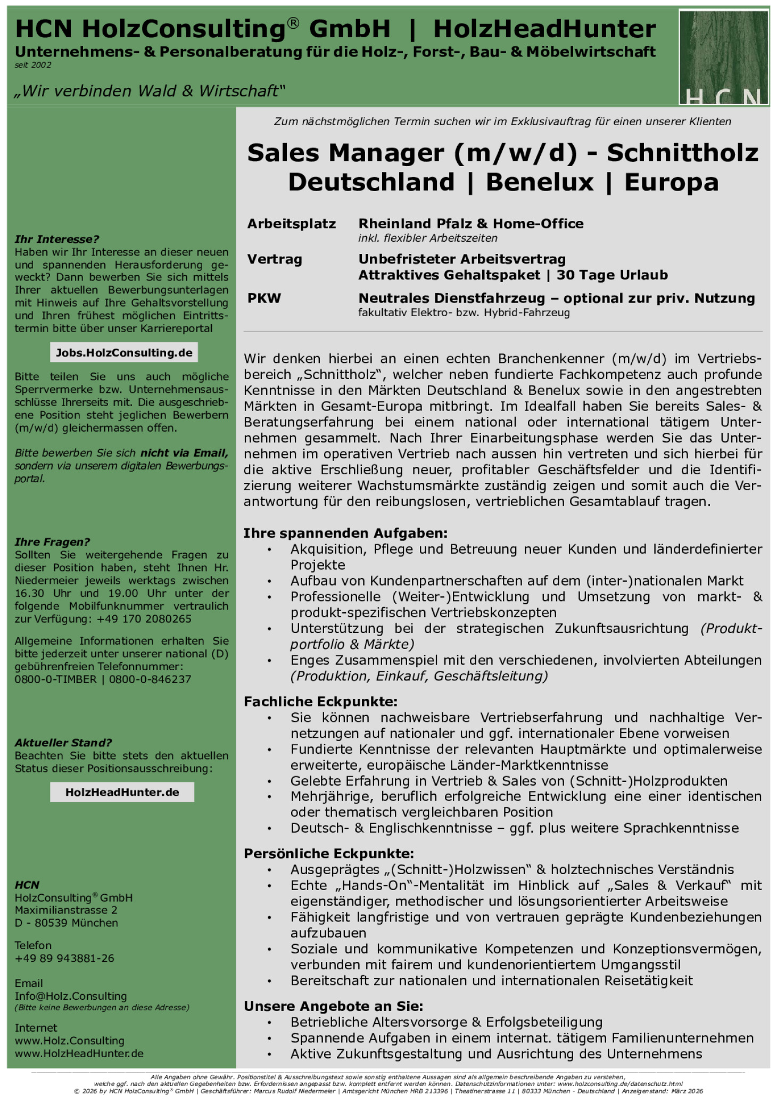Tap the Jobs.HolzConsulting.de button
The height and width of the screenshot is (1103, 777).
124,352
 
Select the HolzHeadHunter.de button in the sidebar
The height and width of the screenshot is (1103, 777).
122,792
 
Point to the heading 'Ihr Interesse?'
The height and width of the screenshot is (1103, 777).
57,239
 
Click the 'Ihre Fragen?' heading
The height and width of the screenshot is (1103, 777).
52,542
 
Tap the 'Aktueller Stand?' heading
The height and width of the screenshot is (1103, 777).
63,743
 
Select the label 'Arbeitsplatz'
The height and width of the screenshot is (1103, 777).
291,224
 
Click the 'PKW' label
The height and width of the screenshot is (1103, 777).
264,298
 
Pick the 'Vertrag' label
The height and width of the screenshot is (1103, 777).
275,259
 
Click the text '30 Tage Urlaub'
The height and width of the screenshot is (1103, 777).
612,275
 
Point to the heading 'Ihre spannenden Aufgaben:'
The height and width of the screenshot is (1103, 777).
345,533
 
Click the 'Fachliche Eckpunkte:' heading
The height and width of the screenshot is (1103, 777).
320,702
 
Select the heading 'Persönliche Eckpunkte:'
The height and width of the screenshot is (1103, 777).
328,854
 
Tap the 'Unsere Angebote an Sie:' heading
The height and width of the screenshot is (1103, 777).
333,1007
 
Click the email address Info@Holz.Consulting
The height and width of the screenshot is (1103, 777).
71,996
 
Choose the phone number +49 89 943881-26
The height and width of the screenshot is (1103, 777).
64,958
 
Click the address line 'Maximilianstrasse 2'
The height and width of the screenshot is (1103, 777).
66,910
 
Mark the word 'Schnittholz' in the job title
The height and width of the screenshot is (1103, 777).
682,153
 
